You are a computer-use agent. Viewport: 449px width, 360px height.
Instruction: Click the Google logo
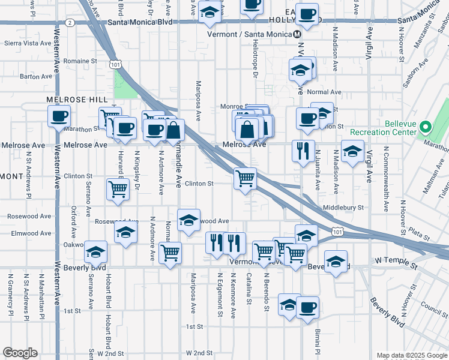pos(20,353)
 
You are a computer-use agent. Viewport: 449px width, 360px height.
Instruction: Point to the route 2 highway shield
pos(70,22)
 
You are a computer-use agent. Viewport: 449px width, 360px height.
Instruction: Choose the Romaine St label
pos(80,61)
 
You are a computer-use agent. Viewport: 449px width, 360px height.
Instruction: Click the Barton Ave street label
pos(37,76)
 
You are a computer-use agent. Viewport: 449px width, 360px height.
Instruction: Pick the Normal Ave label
pos(324,92)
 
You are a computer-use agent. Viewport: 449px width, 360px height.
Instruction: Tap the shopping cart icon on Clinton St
pos(245,178)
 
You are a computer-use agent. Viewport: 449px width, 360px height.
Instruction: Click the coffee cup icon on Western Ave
pos(59,116)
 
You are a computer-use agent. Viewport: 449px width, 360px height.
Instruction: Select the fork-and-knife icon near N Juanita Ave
pos(303,150)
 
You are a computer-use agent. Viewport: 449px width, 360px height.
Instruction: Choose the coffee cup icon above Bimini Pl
pos(307,307)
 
